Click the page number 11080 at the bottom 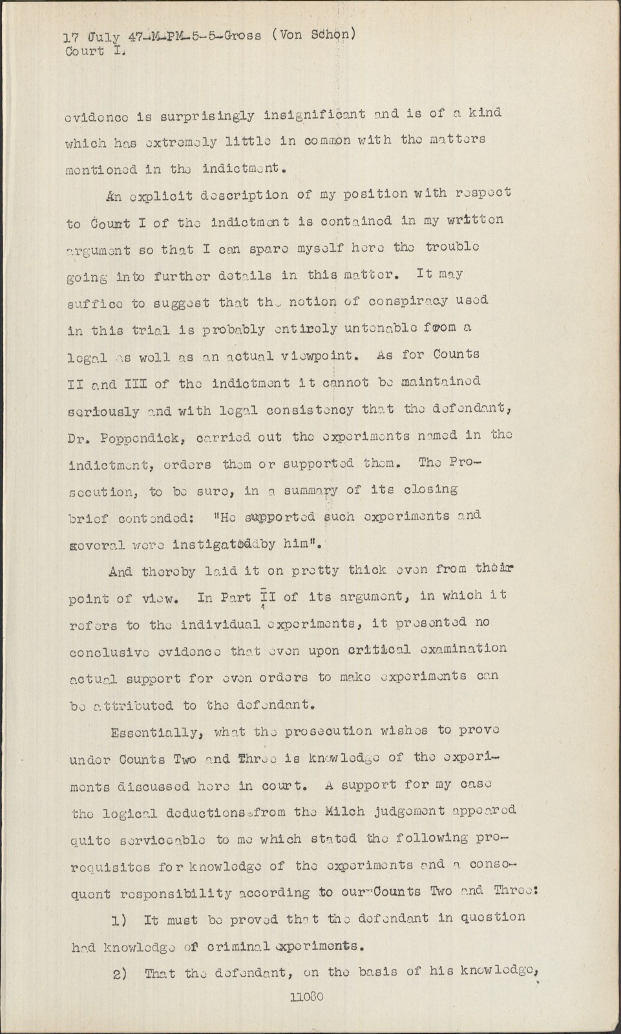[308, 997]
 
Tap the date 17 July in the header [92, 37]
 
